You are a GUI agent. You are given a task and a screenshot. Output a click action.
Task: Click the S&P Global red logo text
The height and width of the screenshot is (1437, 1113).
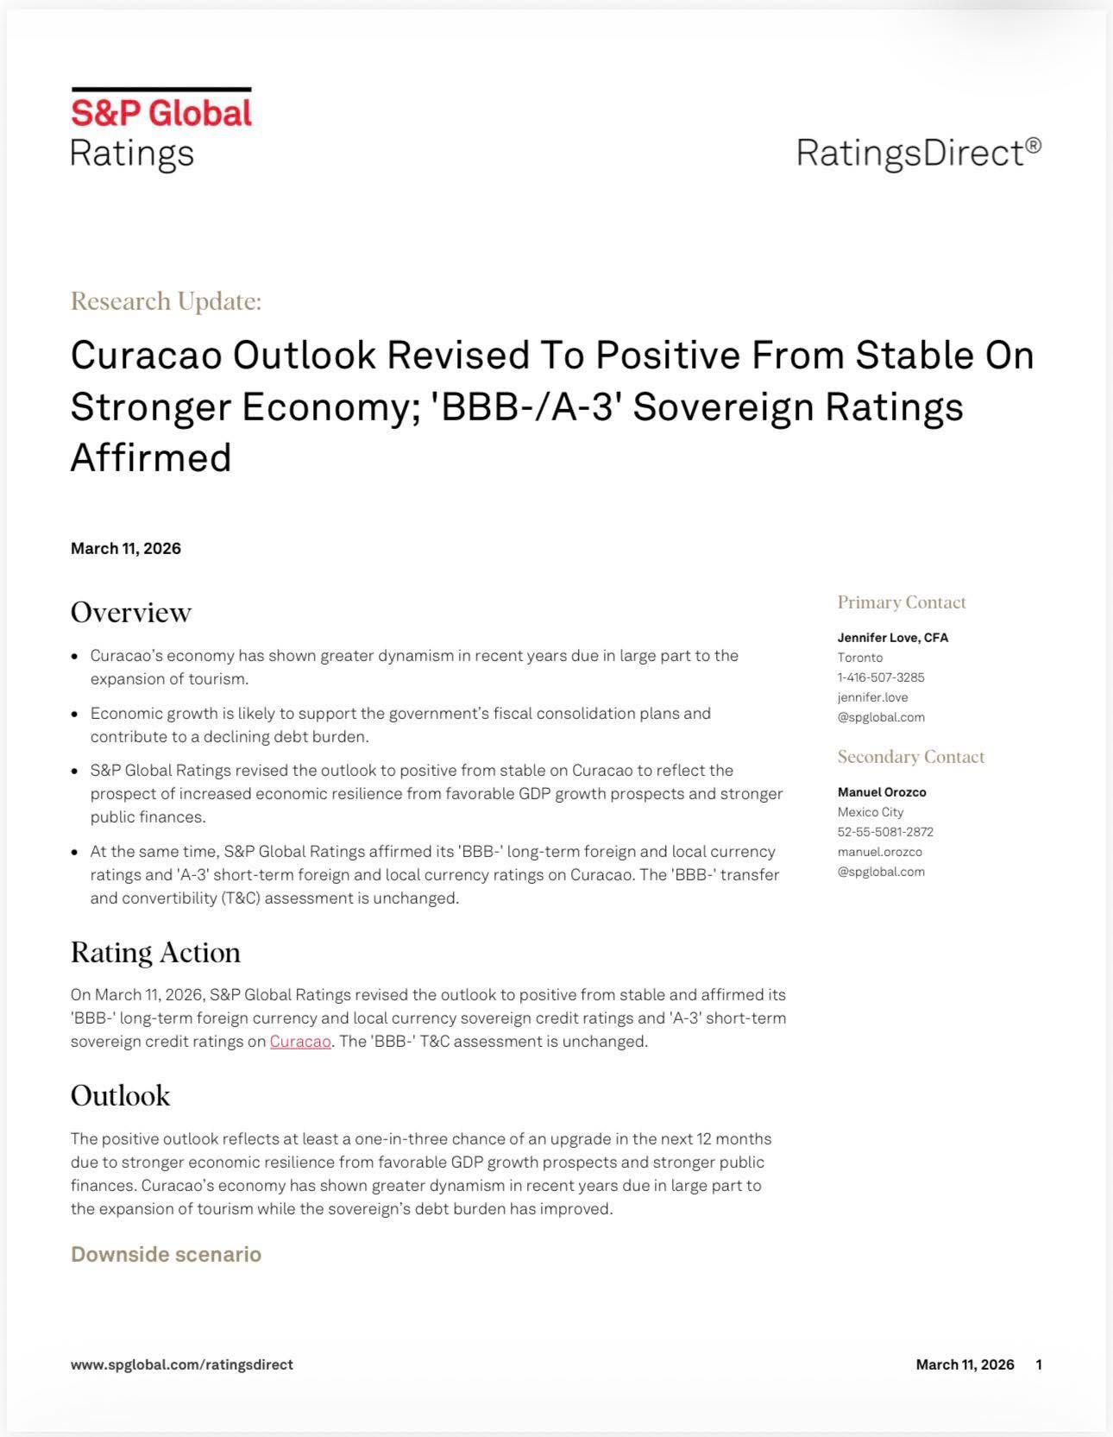pyautogui.click(x=160, y=113)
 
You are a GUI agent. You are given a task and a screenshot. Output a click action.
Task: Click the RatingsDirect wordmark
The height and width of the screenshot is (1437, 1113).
pyautogui.click(x=918, y=153)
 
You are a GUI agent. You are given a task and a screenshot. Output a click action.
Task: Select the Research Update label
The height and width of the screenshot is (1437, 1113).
pyautogui.click(x=166, y=301)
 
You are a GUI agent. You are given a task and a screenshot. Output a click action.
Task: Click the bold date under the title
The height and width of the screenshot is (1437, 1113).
pyautogui.click(x=126, y=549)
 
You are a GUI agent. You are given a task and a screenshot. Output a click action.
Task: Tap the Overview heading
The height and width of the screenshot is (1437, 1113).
pyautogui.click(x=130, y=612)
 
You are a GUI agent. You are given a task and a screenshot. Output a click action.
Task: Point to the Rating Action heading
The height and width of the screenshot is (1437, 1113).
pyautogui.click(x=155, y=952)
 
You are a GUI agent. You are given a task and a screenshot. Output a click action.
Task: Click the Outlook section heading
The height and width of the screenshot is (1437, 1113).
pyautogui.click(x=120, y=1095)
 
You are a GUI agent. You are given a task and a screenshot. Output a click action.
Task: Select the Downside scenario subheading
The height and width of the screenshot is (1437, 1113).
pyautogui.click(x=166, y=1254)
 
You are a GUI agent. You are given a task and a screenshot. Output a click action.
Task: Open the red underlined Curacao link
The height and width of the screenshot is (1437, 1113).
pyautogui.click(x=300, y=1042)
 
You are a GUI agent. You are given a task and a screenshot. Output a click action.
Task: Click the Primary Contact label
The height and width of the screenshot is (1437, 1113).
pyautogui.click(x=902, y=602)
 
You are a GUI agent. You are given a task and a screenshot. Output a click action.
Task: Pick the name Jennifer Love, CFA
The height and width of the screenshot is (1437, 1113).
pyautogui.click(x=892, y=638)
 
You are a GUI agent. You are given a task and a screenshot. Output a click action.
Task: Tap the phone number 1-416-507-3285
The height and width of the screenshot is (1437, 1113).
pyautogui.click(x=880, y=678)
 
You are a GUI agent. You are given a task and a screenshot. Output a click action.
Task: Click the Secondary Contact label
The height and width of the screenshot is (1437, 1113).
pyautogui.click(x=910, y=757)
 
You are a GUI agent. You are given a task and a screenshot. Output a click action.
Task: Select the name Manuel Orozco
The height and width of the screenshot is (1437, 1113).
pyautogui.click(x=881, y=792)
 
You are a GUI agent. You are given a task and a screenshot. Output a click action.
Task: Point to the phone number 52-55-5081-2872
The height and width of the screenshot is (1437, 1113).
pyautogui.click(x=885, y=832)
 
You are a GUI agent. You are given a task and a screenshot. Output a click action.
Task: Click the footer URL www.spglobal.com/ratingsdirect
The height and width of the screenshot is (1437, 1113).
pyautogui.click(x=181, y=1365)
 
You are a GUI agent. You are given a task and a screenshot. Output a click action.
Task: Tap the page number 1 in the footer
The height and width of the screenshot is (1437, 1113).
pyautogui.click(x=1039, y=1365)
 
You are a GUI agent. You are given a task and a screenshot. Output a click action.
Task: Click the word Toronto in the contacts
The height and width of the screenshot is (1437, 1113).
pyautogui.click(x=859, y=658)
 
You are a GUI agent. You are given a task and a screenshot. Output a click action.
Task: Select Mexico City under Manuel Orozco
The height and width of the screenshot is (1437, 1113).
pyautogui.click(x=870, y=812)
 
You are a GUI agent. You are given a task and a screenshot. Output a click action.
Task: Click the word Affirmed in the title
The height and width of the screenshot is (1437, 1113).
pyautogui.click(x=151, y=457)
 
